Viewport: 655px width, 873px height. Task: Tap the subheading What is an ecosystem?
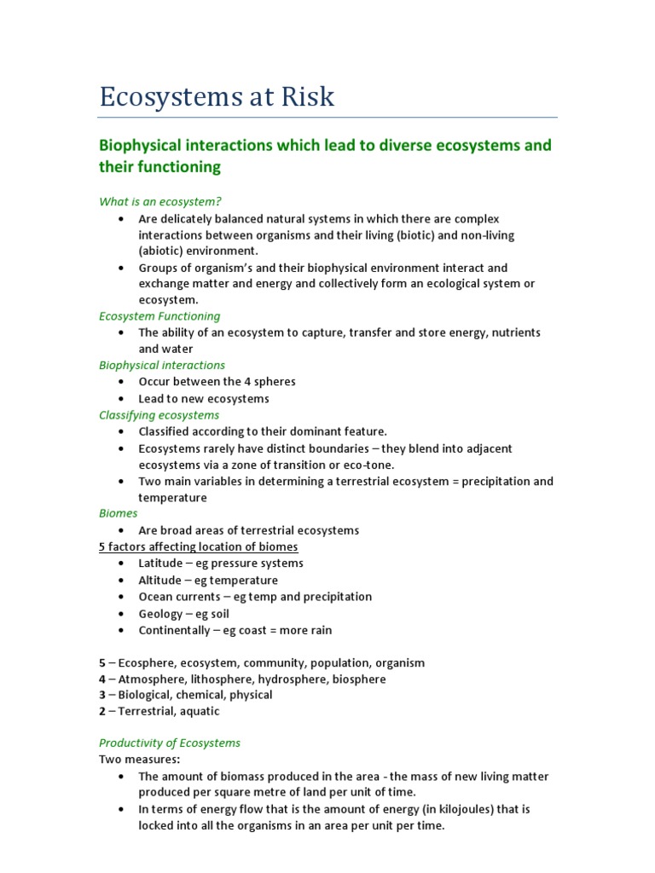click(x=160, y=201)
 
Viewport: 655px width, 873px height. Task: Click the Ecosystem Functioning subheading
click(x=159, y=315)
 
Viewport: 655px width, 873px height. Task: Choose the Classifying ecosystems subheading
click(x=159, y=415)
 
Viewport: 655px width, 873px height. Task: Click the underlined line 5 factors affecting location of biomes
click(x=199, y=546)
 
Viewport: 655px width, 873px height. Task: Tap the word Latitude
click(x=160, y=564)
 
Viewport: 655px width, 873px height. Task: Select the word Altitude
click(x=159, y=580)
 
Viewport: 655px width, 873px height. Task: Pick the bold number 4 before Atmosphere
click(x=102, y=679)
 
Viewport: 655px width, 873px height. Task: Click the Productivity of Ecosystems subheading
click(x=170, y=743)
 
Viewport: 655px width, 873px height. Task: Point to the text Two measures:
click(x=134, y=759)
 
